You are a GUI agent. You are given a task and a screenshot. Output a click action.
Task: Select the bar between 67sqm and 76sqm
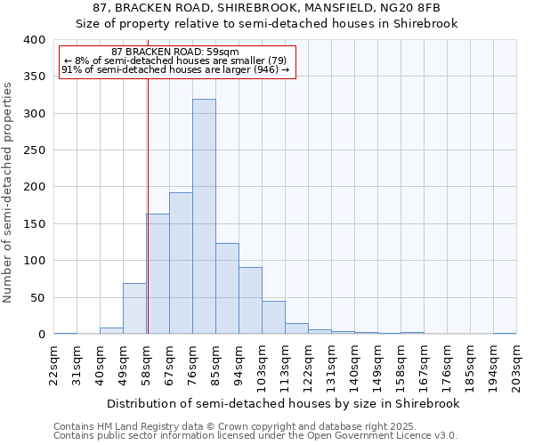point(181,263)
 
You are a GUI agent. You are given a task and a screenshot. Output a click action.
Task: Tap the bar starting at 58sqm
point(158,274)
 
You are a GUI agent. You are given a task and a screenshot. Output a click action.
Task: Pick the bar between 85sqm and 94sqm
point(227,288)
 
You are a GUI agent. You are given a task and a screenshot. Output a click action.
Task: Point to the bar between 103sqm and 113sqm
point(273,318)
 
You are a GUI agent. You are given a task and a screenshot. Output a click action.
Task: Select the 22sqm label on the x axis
point(54,363)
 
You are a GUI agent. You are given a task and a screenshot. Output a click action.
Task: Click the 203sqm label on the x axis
point(517,363)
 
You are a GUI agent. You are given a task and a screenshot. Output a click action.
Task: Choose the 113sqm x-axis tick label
point(286,363)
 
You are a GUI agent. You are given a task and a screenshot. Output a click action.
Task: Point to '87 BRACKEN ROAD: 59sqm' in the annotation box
point(175,53)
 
